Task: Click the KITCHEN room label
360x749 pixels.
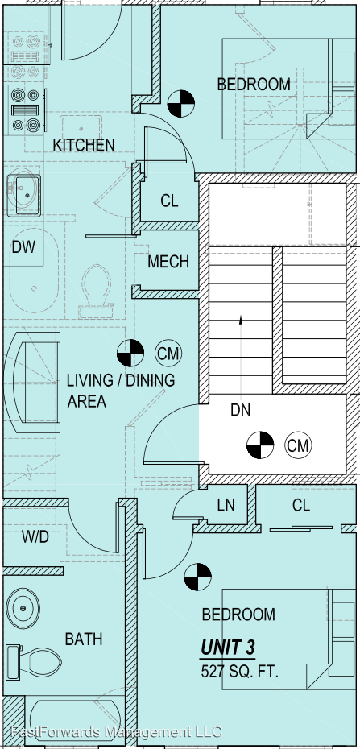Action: (x=84, y=145)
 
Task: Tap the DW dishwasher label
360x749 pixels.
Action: (x=23, y=247)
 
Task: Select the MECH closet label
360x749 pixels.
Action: (x=168, y=262)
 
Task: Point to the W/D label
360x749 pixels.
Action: (x=35, y=537)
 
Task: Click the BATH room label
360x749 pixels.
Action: (x=84, y=639)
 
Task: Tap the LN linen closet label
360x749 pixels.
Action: (x=226, y=506)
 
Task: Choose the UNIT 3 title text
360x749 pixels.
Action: (x=227, y=648)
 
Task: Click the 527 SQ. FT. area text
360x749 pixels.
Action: (x=239, y=672)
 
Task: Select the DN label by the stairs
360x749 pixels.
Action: (x=240, y=410)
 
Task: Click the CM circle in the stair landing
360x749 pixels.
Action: (x=299, y=445)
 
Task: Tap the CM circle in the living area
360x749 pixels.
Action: (x=168, y=354)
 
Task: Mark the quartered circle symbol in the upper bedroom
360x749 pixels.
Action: (x=181, y=104)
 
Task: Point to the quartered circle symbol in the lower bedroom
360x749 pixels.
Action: (x=197, y=577)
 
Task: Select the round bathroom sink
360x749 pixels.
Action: (x=23, y=609)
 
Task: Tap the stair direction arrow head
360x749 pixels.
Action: (x=241, y=319)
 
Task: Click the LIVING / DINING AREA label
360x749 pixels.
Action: (x=120, y=391)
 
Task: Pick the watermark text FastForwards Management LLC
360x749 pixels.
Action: (x=116, y=731)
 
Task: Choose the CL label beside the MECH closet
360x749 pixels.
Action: (x=169, y=201)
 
